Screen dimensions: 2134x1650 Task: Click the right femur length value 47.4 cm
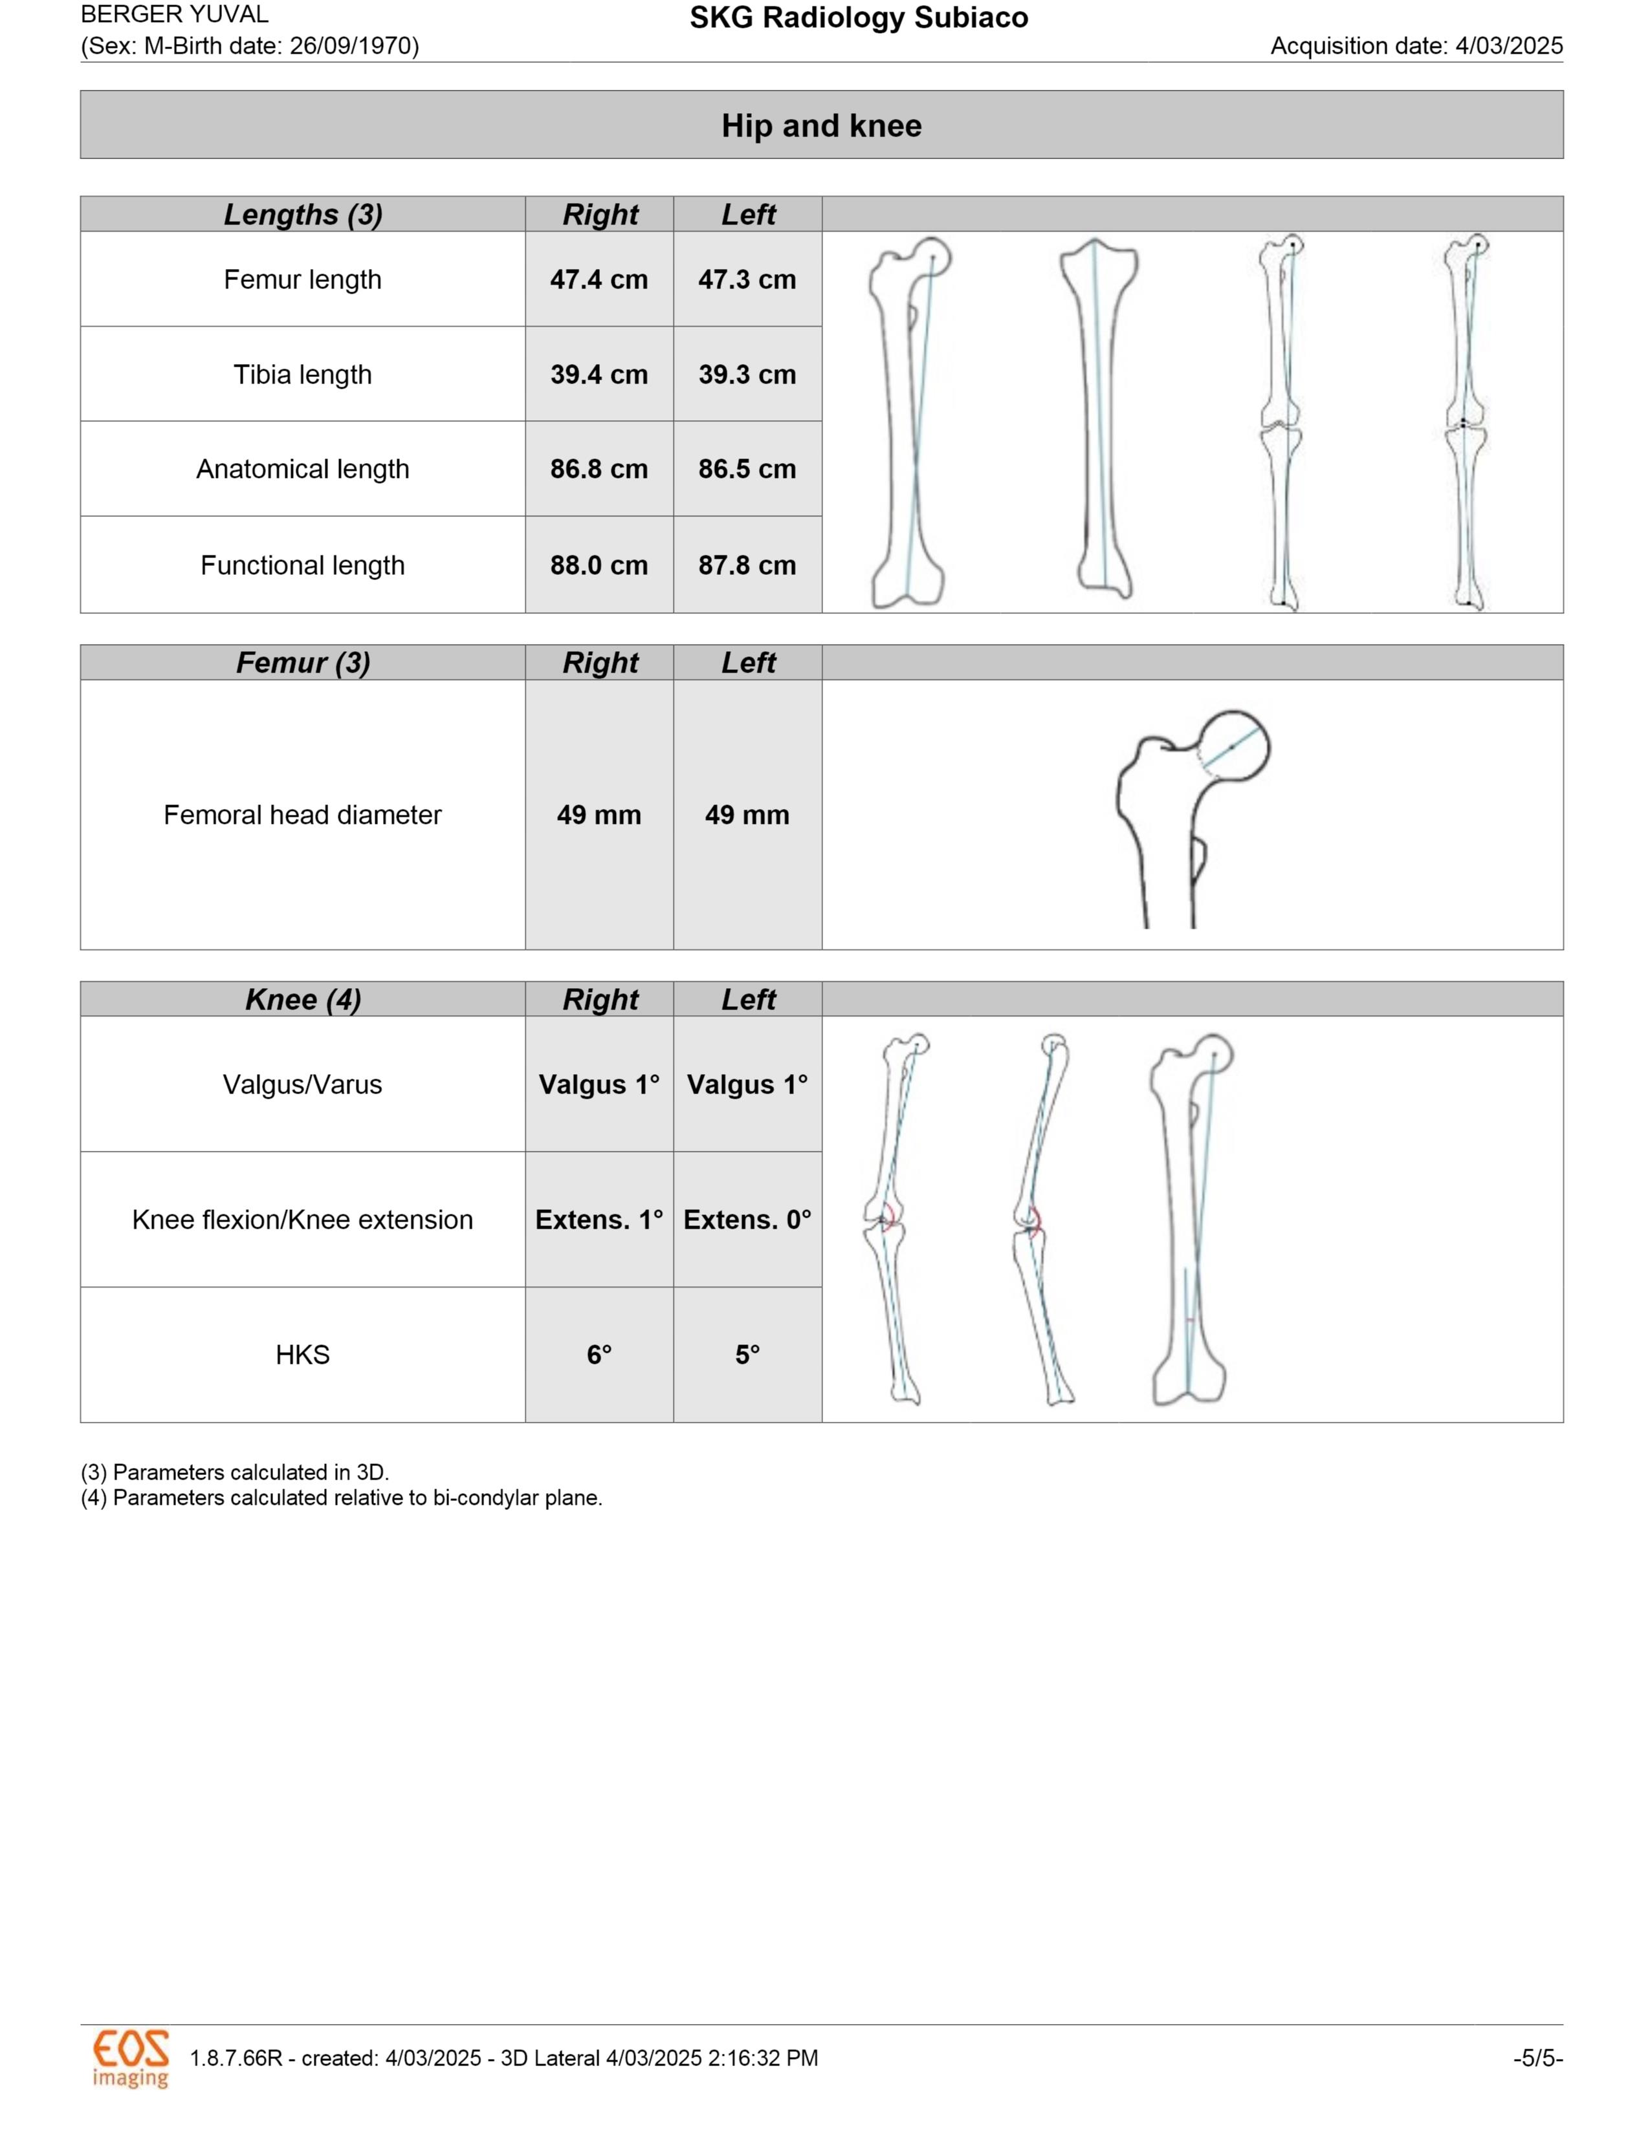(x=599, y=279)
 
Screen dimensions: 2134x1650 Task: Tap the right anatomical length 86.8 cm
(x=599, y=469)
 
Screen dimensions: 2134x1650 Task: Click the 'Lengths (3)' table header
(x=302, y=214)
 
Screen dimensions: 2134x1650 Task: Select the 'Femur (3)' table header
(x=302, y=662)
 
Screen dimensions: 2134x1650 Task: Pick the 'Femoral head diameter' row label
(x=302, y=815)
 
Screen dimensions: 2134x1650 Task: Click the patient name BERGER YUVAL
(x=174, y=15)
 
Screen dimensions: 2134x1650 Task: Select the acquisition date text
(x=1416, y=46)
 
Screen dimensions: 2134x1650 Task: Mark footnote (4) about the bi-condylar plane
(x=341, y=1498)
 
